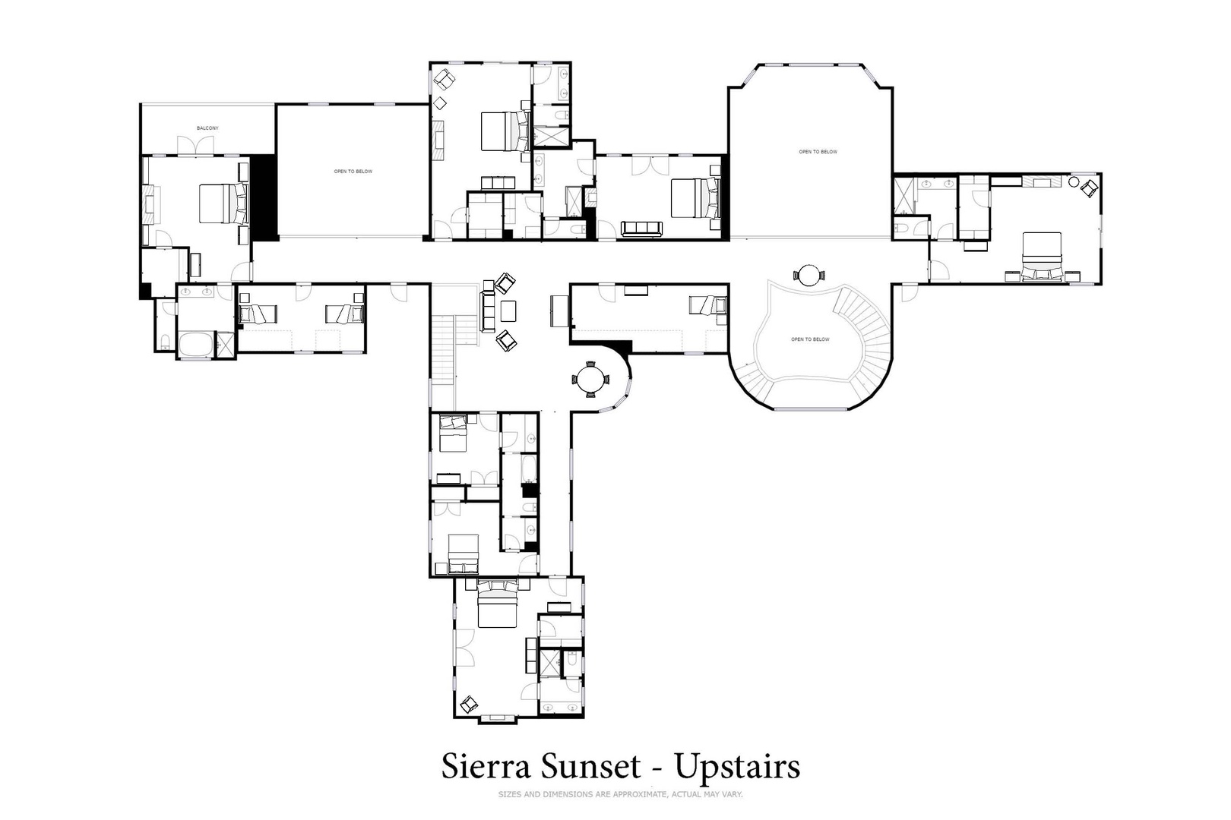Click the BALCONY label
(x=207, y=128)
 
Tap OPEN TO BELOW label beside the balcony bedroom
(x=353, y=172)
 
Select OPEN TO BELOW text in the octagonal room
(x=818, y=152)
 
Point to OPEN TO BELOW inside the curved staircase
(x=811, y=340)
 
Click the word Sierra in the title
(x=486, y=767)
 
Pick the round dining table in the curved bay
(x=590, y=379)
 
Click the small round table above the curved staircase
(x=809, y=276)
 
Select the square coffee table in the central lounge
(x=508, y=311)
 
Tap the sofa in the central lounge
(x=488, y=312)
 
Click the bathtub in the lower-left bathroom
(x=196, y=344)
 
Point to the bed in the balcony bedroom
(x=223, y=203)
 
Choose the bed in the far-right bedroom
(x=1041, y=257)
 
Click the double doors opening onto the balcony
(x=195, y=146)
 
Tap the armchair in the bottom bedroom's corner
(x=470, y=704)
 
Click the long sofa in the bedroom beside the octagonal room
(x=641, y=228)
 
